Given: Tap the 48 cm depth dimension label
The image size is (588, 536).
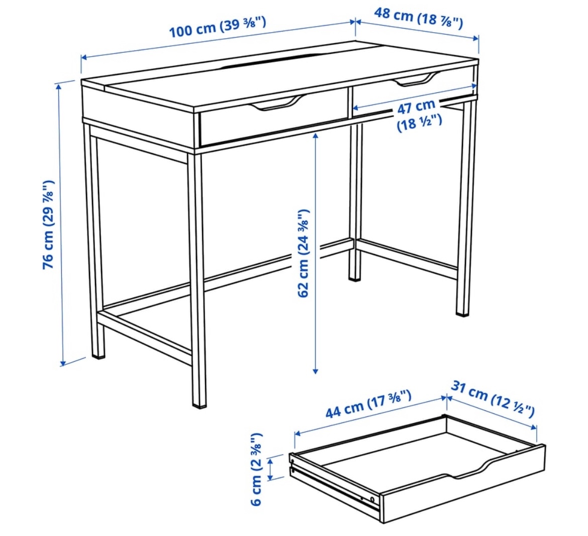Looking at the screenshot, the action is point(419,18).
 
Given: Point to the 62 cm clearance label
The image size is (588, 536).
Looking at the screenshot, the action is point(304,253).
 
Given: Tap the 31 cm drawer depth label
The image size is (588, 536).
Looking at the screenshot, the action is point(493,399).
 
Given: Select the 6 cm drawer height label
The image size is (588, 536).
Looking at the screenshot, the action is point(256,469).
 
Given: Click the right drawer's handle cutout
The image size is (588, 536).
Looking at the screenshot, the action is point(416,79).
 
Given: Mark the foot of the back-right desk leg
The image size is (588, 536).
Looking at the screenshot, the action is point(462,312).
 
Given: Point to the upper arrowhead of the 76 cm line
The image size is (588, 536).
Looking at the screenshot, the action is point(58,86).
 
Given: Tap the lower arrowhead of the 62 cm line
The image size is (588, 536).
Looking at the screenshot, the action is point(316,371).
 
